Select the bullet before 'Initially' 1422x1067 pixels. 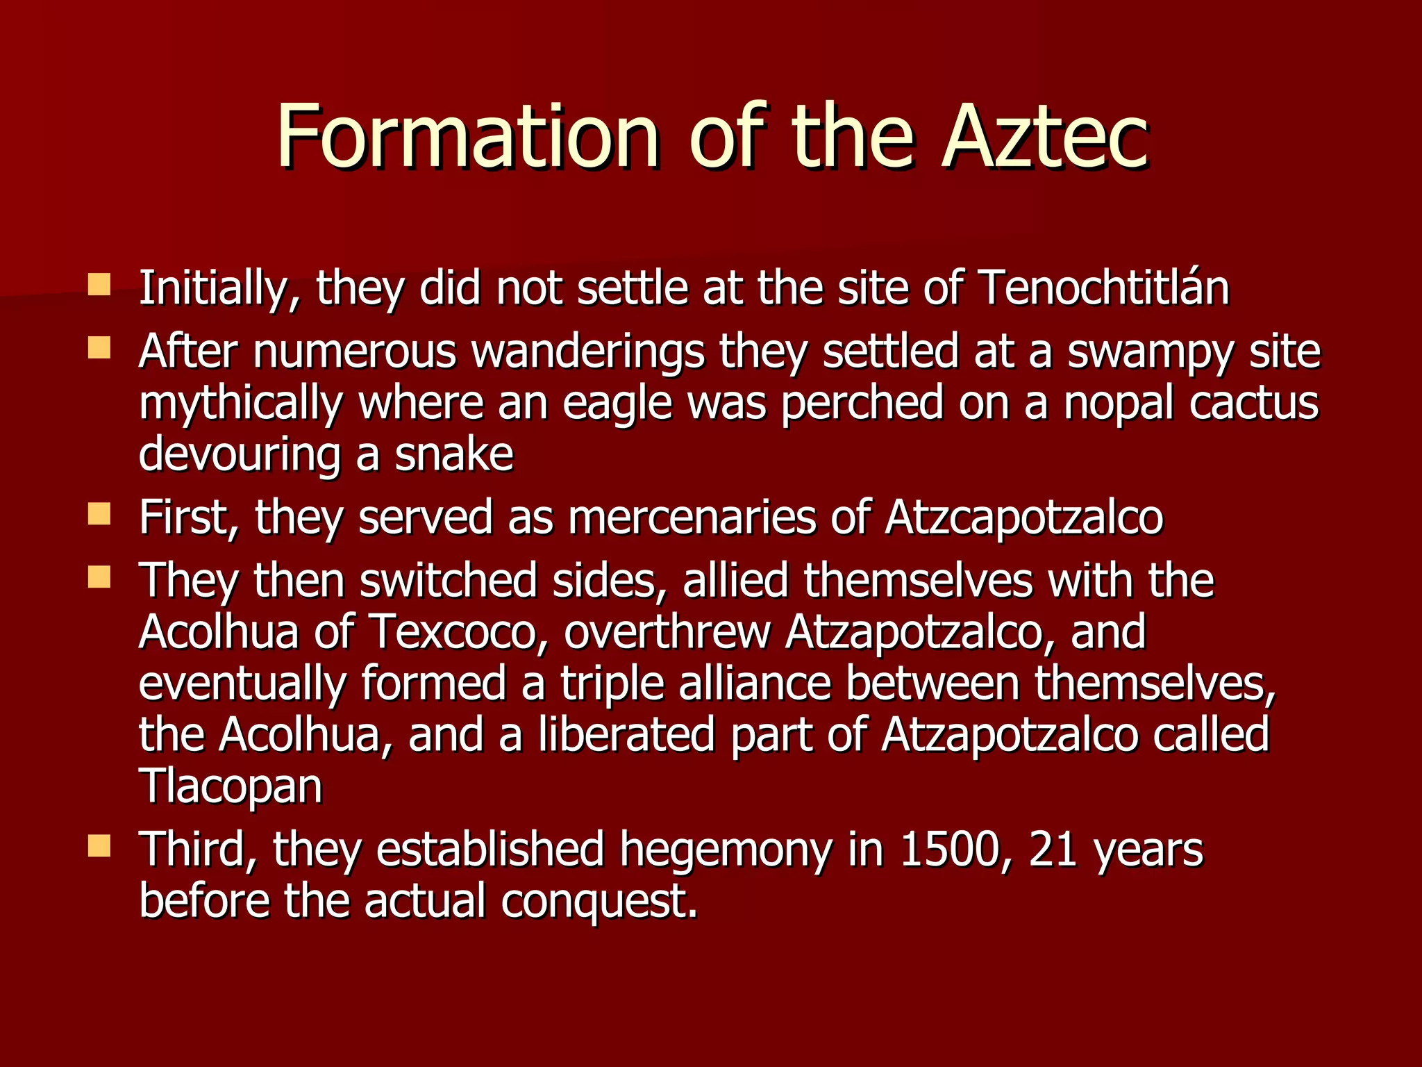pos(100,283)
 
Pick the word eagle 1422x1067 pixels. pos(617,404)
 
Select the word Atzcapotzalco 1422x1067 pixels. pos(1024,518)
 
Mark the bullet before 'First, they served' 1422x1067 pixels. pos(100,514)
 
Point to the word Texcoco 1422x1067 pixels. pos(459,632)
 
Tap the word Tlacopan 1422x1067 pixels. pos(231,786)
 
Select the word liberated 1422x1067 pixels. pos(626,734)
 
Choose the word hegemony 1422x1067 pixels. pos(725,851)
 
